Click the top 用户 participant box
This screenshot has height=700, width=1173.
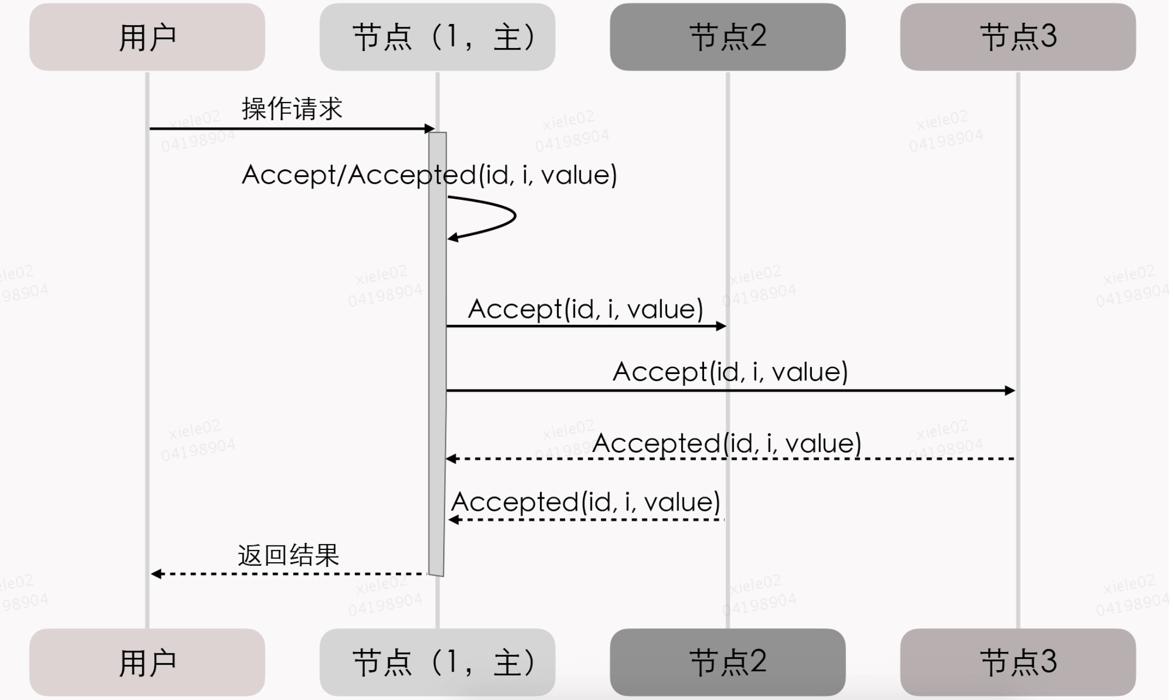coord(147,37)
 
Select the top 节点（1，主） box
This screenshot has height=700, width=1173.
coord(437,37)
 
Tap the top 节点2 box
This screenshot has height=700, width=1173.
coord(728,37)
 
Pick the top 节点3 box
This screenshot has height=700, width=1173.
coord(1018,37)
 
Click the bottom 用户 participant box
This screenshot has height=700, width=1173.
coord(147,662)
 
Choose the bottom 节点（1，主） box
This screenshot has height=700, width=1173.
coord(437,662)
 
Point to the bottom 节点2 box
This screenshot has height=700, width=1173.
coord(728,662)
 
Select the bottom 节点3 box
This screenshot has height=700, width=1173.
coord(1018,662)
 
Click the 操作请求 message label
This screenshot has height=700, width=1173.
coord(292,108)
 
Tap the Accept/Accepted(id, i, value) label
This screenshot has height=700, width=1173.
coord(429,175)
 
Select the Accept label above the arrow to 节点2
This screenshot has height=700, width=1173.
coord(585,309)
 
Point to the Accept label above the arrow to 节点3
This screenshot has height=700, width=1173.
coord(730,371)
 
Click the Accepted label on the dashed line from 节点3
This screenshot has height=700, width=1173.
coord(726,443)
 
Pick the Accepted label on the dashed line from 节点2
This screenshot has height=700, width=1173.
coord(585,502)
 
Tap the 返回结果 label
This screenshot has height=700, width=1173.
coord(288,555)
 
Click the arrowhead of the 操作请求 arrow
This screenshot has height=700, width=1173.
coord(429,129)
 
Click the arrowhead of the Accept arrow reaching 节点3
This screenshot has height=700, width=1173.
coord(1010,391)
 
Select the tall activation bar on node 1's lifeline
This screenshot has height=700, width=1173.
coord(437,353)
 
